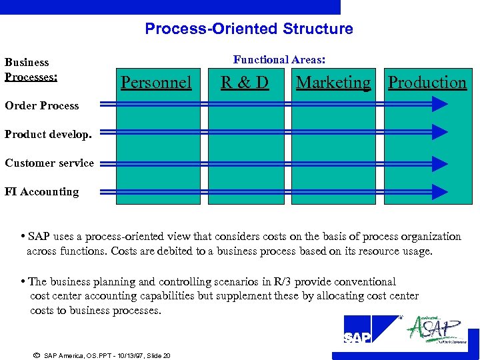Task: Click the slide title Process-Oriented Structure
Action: (249, 29)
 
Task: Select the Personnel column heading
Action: (156, 83)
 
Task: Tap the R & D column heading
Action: (245, 83)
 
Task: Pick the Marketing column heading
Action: (333, 83)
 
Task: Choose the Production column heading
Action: (427, 83)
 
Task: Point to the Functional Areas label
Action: (279, 59)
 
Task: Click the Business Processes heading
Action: (31, 69)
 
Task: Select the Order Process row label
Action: (41, 105)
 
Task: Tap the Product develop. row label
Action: (48, 134)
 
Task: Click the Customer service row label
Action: (49, 163)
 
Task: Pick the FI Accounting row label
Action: (41, 192)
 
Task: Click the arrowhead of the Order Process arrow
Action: (439, 104)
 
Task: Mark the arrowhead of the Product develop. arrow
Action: (439, 132)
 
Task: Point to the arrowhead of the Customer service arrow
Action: (439, 163)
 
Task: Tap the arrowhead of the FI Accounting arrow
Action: (439, 192)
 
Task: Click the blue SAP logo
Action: (366, 330)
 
